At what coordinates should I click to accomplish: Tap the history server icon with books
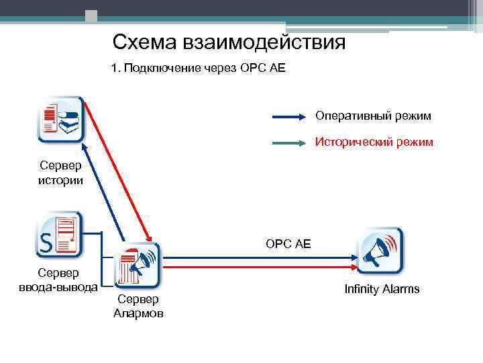pyautogui.click(x=60, y=120)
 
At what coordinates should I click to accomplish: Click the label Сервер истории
pyautogui.click(x=60, y=173)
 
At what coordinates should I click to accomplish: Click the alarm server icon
pyautogui.click(x=138, y=265)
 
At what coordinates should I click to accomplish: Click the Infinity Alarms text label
pyautogui.click(x=382, y=289)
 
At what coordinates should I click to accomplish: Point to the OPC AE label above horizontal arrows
pyautogui.click(x=288, y=243)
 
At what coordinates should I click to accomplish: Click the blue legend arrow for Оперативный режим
pyautogui.click(x=289, y=117)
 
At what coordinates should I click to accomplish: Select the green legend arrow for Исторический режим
pyautogui.click(x=289, y=143)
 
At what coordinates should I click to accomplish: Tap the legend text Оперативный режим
pyautogui.click(x=373, y=116)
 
